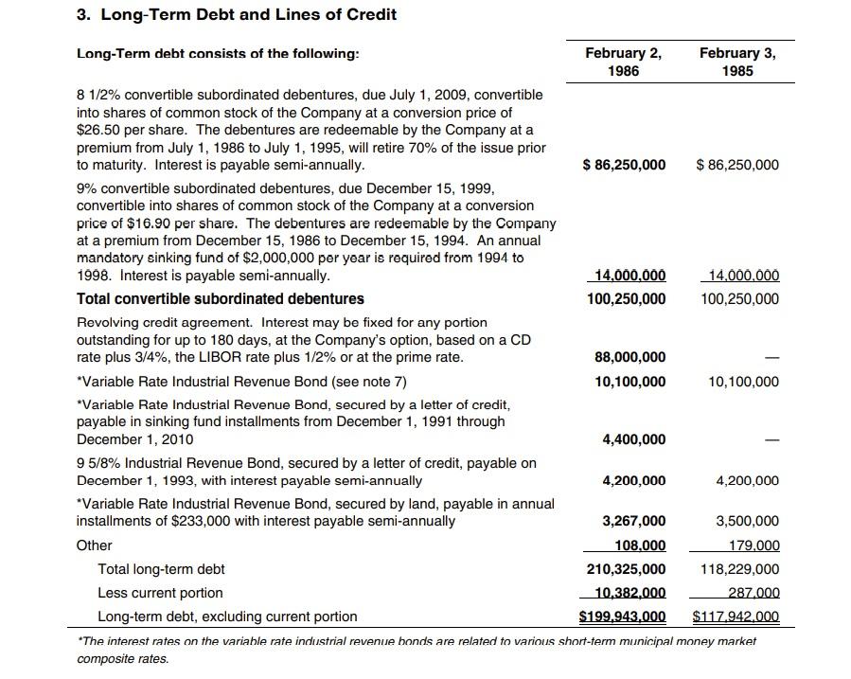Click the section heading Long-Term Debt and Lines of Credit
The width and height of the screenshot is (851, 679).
(237, 14)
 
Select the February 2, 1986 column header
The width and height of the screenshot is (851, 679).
(623, 62)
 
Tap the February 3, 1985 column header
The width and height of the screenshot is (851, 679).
(737, 62)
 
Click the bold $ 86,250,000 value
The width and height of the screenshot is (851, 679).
(624, 165)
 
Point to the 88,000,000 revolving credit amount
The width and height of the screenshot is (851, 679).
(629, 357)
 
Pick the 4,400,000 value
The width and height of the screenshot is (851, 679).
(633, 439)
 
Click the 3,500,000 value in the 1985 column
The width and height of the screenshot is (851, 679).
(747, 521)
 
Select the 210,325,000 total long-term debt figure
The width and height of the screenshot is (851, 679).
(626, 569)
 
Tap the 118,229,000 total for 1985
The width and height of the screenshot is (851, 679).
(740, 569)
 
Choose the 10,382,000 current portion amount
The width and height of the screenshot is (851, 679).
(629, 593)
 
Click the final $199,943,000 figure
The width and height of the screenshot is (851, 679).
(622, 616)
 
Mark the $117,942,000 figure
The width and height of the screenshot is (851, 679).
(736, 616)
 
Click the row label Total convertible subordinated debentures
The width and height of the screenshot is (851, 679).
(220, 298)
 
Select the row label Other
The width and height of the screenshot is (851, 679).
(94, 545)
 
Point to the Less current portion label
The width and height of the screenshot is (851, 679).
(160, 593)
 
